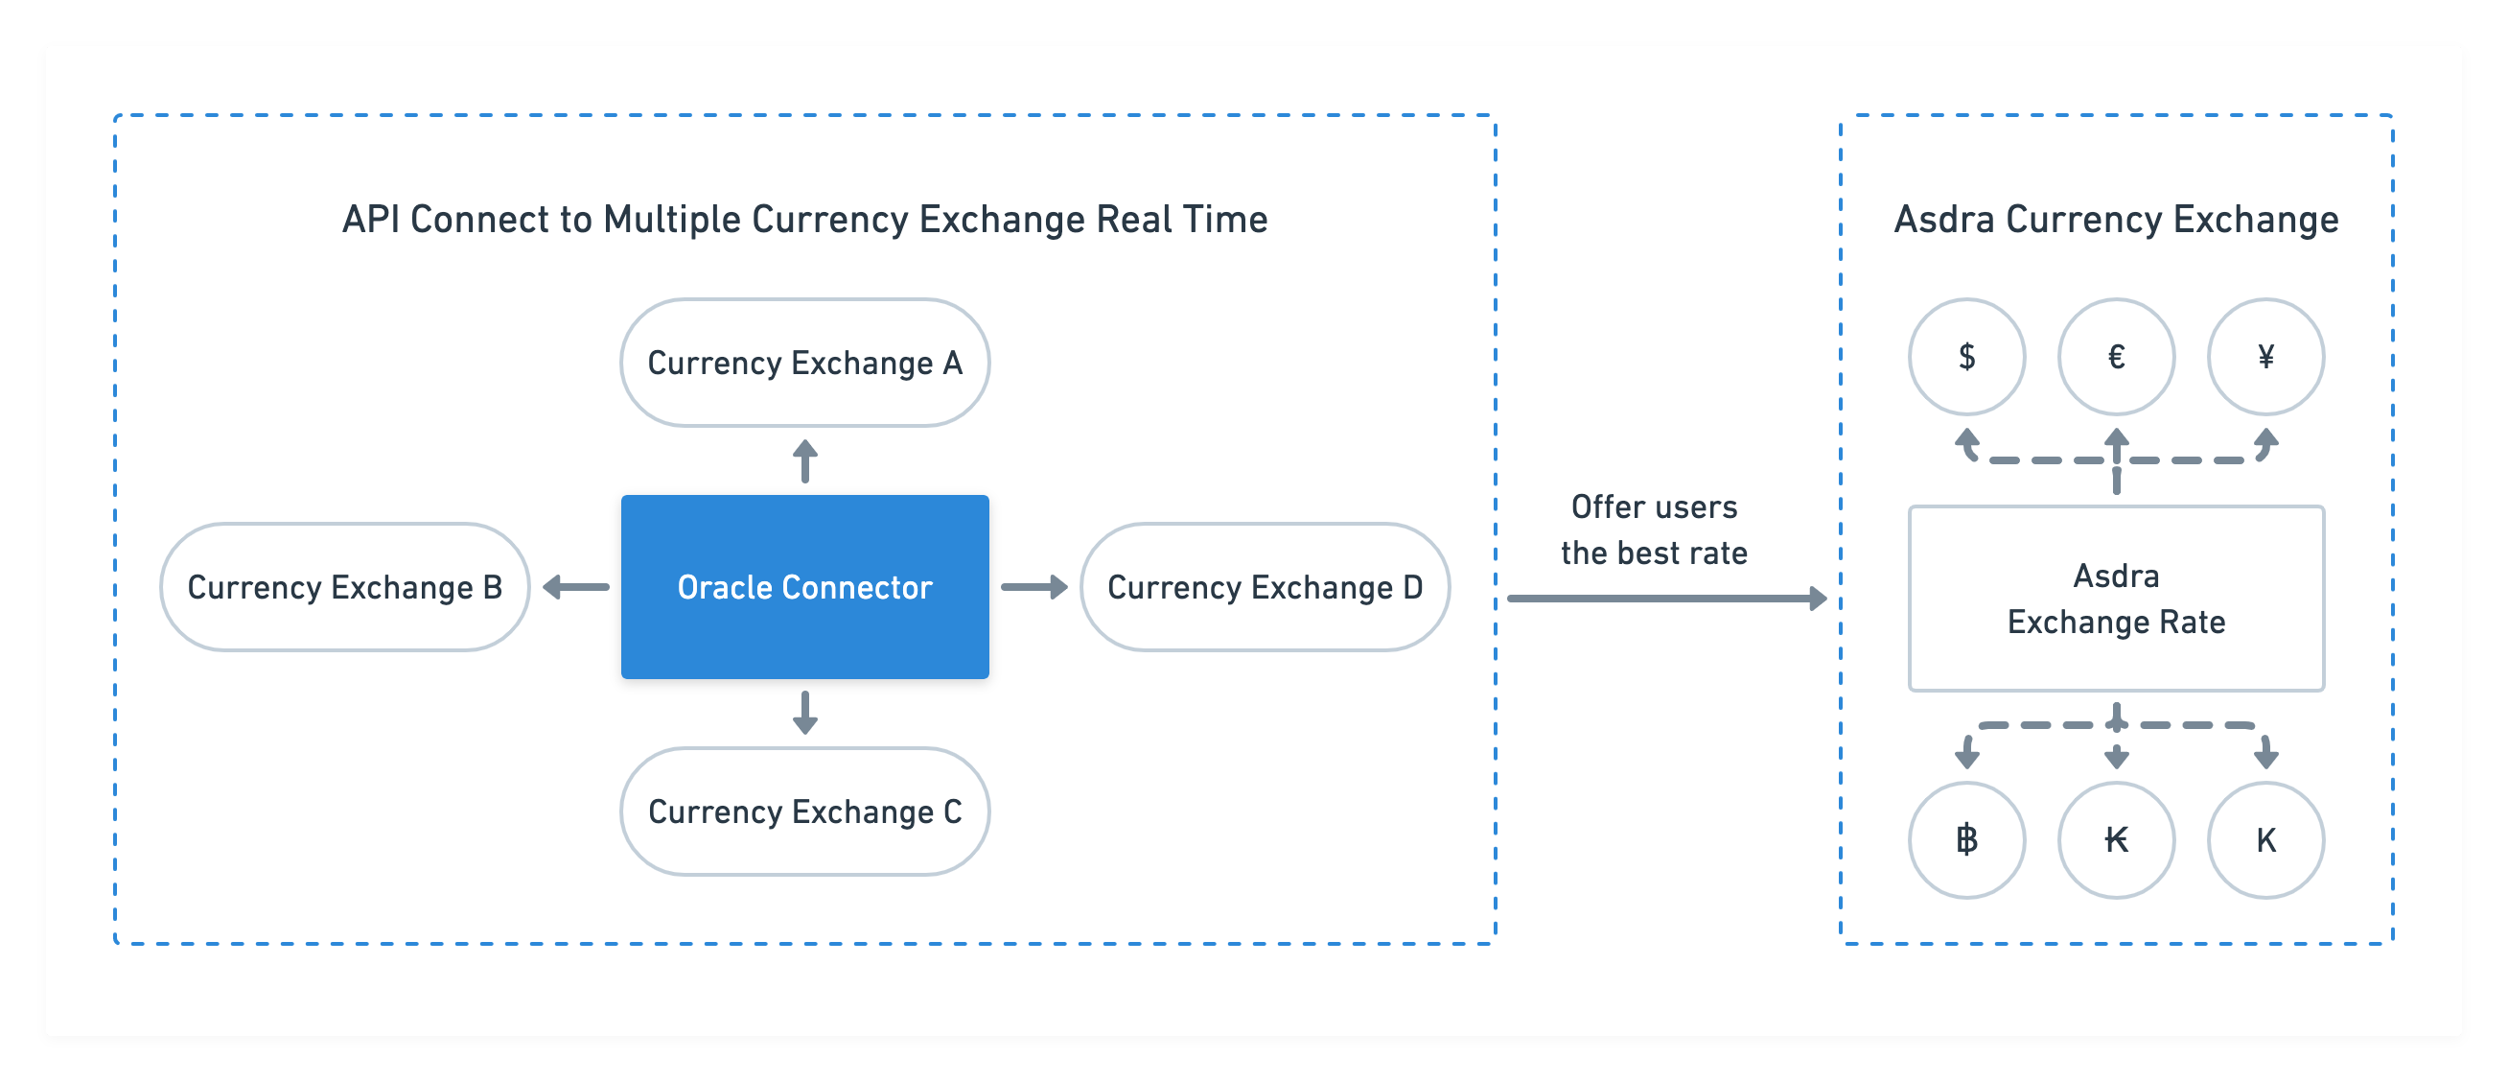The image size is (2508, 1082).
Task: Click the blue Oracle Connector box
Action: click(804, 586)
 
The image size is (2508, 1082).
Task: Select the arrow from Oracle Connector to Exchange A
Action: click(804, 460)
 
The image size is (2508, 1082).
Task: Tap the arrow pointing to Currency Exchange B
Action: click(575, 586)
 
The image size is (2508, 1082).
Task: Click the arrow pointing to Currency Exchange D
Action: click(1033, 586)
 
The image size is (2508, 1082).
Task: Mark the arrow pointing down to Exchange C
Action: click(804, 713)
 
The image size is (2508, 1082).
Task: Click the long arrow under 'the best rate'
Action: click(1667, 598)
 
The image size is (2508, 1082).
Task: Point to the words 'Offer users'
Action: click(1654, 506)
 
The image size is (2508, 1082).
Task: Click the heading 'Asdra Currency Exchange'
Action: click(2116, 219)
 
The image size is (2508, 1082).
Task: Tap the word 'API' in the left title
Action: click(371, 219)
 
